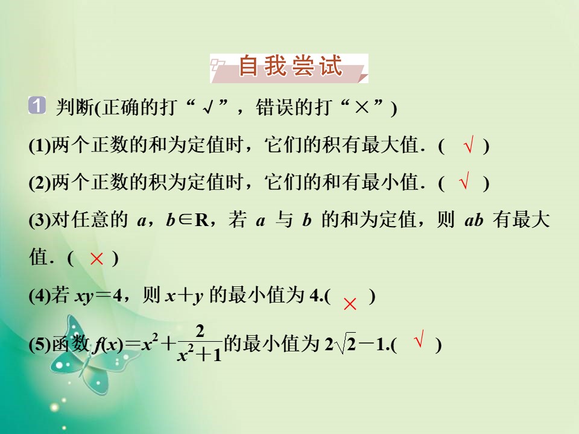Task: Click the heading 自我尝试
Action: tap(290, 68)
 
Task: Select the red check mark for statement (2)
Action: tap(464, 182)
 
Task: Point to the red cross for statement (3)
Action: tap(96, 259)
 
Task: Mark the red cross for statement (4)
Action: tap(349, 304)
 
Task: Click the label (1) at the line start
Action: tap(40, 147)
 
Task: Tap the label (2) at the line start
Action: tap(40, 183)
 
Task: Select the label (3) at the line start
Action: tap(40, 221)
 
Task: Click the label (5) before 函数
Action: tap(40, 346)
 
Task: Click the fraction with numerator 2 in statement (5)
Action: tap(200, 344)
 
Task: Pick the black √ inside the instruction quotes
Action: tap(209, 108)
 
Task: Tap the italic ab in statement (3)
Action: tap(475, 221)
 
